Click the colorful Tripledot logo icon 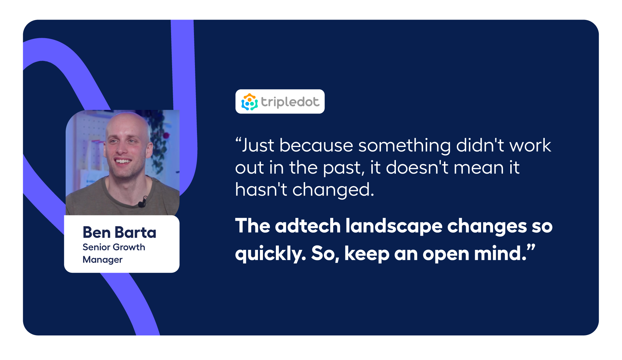(x=249, y=102)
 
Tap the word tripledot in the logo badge (x=290, y=102)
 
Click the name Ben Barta (x=119, y=232)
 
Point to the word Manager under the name (x=102, y=259)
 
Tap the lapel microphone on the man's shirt (x=143, y=202)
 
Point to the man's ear (x=150, y=150)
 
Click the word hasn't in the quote (x=261, y=190)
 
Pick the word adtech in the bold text (x=308, y=226)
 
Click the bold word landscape (x=394, y=226)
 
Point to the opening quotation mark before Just (x=238, y=141)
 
